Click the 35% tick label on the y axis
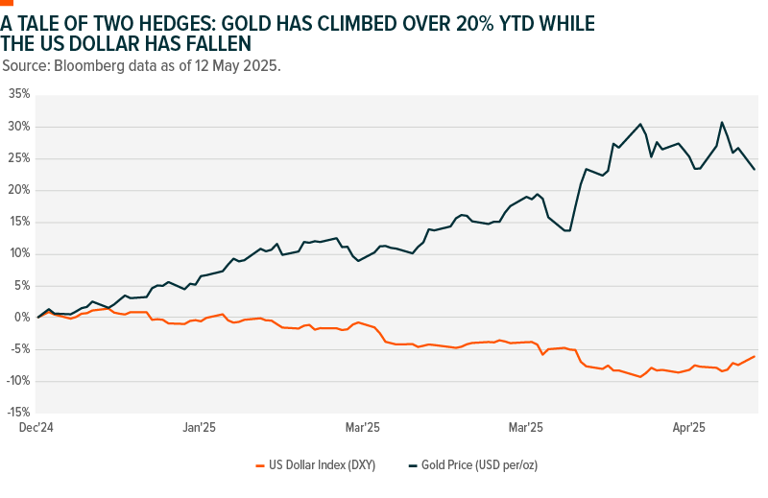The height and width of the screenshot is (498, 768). (x=19, y=94)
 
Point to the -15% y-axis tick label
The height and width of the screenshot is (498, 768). (x=17, y=413)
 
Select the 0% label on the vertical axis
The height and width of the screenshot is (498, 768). (x=23, y=318)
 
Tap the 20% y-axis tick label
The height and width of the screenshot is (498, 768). (x=19, y=190)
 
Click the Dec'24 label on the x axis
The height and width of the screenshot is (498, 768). (x=35, y=428)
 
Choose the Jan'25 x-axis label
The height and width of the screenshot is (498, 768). (x=199, y=428)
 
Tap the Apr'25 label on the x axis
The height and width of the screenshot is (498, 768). (x=687, y=428)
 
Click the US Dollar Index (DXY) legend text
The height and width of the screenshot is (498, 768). (x=322, y=465)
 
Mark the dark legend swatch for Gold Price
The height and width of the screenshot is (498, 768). (x=414, y=465)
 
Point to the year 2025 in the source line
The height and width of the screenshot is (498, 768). (x=259, y=65)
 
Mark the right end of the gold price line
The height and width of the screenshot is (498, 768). (x=755, y=170)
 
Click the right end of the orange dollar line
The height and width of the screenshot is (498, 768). (x=755, y=356)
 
